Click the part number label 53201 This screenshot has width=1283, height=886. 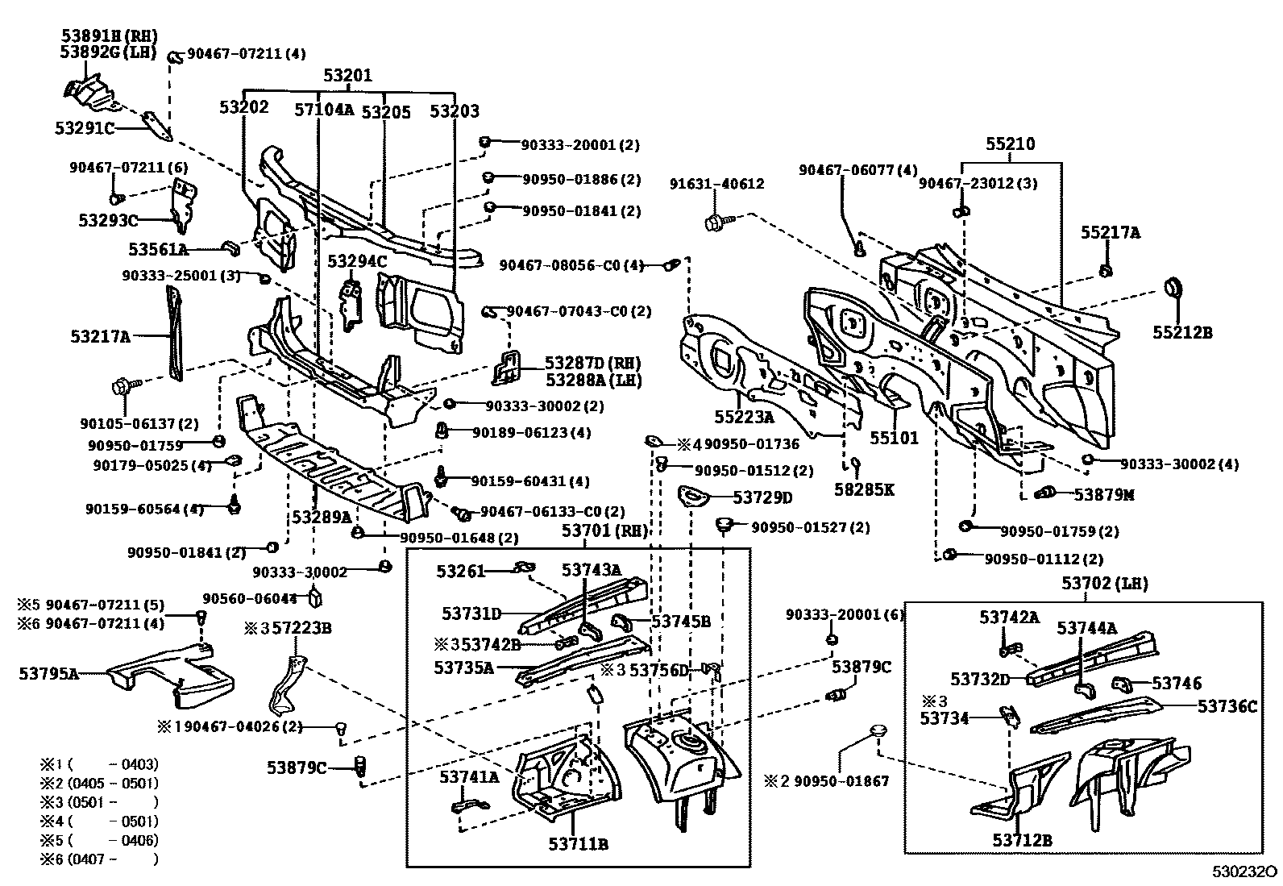(x=348, y=76)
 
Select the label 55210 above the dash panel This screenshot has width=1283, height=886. (x=1011, y=145)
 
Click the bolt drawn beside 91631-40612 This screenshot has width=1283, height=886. (x=716, y=222)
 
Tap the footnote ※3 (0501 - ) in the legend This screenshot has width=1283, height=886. (x=99, y=802)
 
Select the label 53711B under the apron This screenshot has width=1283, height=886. (x=578, y=844)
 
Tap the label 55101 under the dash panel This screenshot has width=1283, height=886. (x=894, y=439)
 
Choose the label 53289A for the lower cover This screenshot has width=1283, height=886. (x=322, y=517)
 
